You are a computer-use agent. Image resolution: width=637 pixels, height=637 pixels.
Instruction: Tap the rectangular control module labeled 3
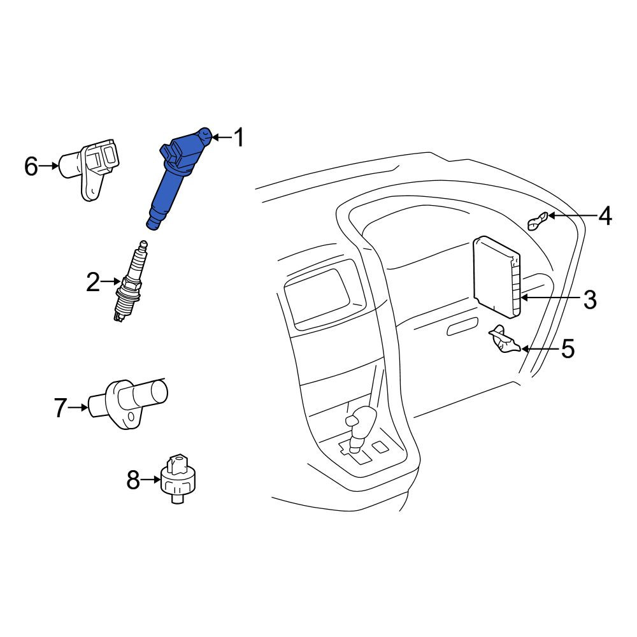(x=496, y=276)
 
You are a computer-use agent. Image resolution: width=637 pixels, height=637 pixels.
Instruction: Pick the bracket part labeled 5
(x=504, y=340)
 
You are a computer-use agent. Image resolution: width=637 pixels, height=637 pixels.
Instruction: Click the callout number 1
(x=240, y=138)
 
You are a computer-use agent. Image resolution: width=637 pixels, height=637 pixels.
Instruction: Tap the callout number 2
(x=93, y=282)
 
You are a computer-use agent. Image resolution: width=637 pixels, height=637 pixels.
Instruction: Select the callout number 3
(x=590, y=299)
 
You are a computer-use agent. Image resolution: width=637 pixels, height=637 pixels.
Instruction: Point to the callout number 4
(x=605, y=216)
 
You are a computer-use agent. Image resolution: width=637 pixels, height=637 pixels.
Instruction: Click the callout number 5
(x=568, y=348)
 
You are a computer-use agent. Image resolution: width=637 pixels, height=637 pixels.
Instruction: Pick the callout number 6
(x=31, y=166)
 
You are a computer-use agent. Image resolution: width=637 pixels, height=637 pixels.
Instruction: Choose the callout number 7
(x=61, y=408)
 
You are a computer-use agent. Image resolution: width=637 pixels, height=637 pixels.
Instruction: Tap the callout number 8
(x=133, y=480)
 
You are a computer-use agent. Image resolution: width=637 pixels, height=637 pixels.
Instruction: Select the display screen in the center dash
(x=317, y=297)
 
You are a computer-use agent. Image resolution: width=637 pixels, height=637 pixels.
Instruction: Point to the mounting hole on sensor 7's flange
(x=131, y=417)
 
